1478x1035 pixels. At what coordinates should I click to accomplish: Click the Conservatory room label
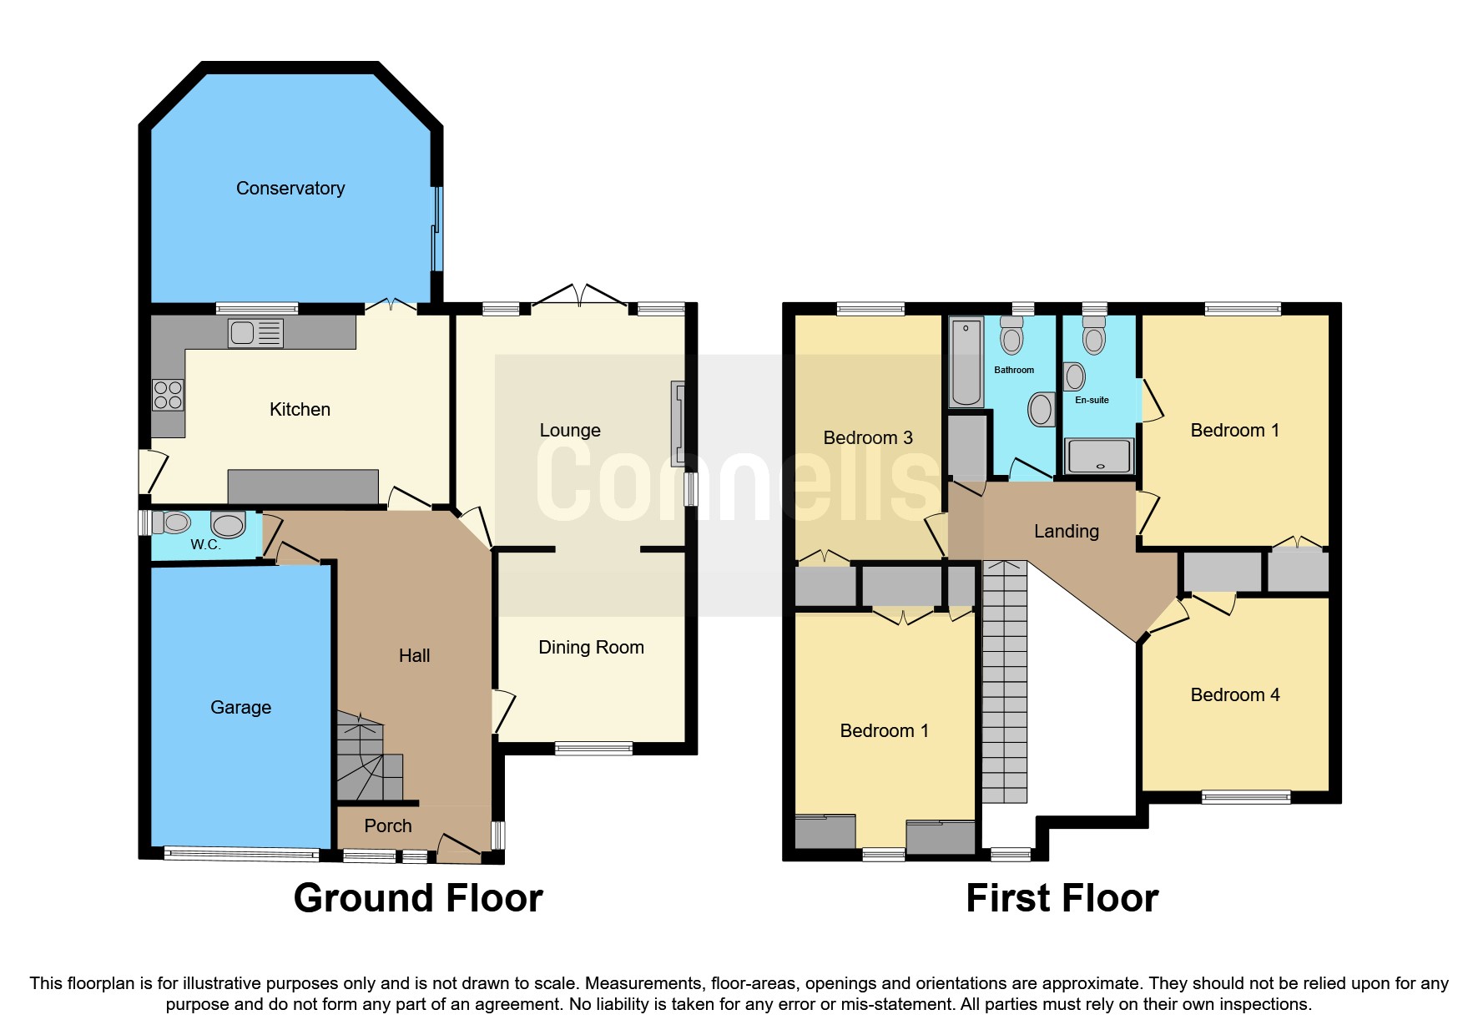pos(290,189)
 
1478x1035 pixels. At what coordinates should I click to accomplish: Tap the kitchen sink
pos(255,333)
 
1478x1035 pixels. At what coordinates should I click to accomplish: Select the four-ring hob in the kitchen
pos(168,395)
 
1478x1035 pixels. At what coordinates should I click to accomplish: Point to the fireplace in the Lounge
pos(678,423)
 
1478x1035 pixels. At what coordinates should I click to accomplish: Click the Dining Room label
pos(591,648)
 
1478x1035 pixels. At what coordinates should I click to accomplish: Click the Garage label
pos(240,708)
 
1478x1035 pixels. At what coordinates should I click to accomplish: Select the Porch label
pos(387,826)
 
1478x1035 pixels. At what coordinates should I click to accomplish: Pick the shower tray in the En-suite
pos(1099,457)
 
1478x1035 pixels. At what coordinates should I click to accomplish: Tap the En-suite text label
pos(1092,401)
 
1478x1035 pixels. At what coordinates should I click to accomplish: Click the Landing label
pos(1066,532)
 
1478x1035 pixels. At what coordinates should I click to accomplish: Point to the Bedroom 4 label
pos(1234,695)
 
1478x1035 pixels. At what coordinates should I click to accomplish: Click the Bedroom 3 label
pos(867,438)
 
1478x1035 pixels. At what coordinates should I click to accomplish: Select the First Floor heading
pos(1062,899)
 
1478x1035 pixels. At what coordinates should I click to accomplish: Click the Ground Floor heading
pos(418,899)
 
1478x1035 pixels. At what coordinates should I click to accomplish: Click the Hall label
pos(414,656)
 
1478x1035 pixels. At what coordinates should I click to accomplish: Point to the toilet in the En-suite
pos(1093,336)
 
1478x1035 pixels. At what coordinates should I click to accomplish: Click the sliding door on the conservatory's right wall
pos(436,229)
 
